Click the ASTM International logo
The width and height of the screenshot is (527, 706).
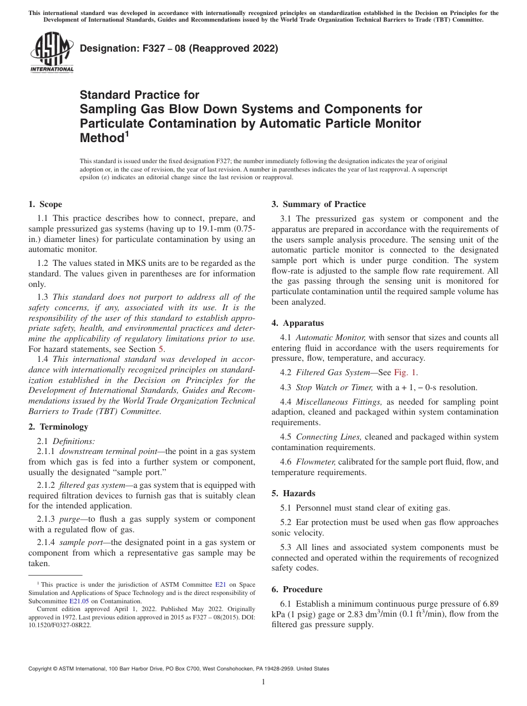coord(52,52)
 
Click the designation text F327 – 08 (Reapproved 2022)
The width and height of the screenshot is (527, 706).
coord(179,49)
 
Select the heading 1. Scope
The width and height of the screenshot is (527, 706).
coord(45,204)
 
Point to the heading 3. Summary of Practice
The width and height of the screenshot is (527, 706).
coord(318,204)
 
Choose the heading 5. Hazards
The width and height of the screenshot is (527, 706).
coord(293,493)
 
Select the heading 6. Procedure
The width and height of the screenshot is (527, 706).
coord(297,589)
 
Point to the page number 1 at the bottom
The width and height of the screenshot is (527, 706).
coord(263,682)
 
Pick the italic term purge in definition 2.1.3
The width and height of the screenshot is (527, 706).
coord(71,519)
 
